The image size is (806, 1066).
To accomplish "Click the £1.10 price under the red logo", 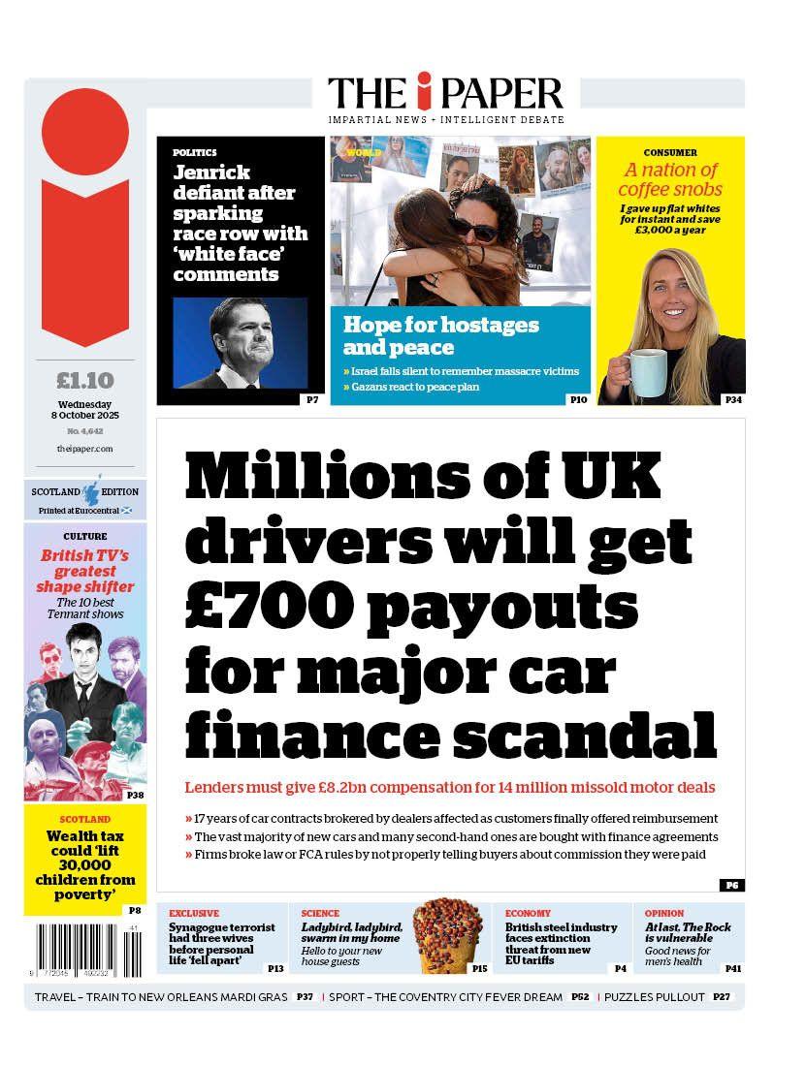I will pos(85,380).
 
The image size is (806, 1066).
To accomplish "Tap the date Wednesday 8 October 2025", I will pos(85,410).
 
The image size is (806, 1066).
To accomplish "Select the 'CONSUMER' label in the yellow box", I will pos(670,153).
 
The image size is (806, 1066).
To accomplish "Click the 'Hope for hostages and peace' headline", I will pos(441,335).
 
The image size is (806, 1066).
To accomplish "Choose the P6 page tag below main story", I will pos(731,885).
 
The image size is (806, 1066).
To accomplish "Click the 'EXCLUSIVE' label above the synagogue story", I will pos(194,913).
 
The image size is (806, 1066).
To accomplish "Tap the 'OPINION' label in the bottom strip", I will pos(664,913).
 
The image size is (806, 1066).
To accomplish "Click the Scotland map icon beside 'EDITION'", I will pos(93,490).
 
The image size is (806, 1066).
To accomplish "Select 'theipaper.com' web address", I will pos(85,449).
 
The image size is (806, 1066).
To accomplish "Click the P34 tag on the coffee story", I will pos(733,399).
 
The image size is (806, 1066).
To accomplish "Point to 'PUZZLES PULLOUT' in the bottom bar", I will pos(655,997).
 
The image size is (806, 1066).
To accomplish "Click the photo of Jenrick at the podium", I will pos(240,342).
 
